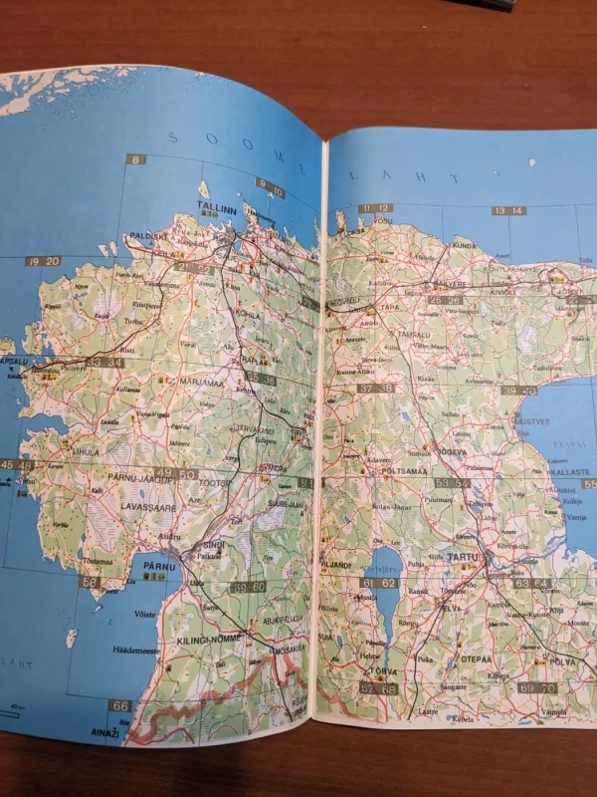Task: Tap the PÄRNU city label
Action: coord(159,566)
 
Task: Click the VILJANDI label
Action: coord(335,565)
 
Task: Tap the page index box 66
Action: coord(120,705)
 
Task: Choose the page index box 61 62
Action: coord(378,583)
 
